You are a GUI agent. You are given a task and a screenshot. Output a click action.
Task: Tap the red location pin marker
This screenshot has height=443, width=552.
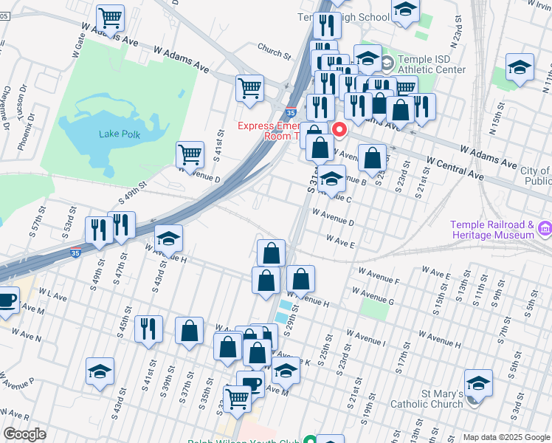(339, 130)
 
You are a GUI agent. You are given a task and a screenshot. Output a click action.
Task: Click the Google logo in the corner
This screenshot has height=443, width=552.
(24, 434)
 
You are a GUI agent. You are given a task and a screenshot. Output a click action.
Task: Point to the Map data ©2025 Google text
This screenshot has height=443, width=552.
(506, 437)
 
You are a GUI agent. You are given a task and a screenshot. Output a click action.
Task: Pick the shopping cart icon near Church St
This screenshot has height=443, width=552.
(249, 89)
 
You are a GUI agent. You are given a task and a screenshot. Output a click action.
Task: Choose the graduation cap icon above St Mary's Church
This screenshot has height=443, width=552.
(478, 383)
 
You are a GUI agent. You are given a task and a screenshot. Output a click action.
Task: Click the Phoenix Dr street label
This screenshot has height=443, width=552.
(24, 134)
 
